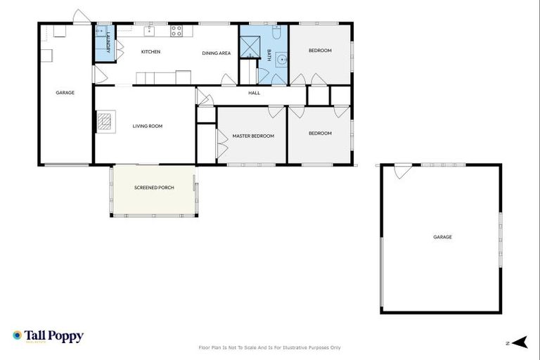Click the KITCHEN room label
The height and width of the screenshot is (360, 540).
click(150, 52)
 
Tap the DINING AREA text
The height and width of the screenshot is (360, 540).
click(216, 53)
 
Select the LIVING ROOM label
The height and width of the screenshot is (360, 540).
click(148, 127)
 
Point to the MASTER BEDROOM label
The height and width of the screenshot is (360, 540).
click(253, 136)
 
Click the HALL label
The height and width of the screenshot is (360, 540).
click(254, 93)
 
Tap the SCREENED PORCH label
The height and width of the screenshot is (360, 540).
click(154, 188)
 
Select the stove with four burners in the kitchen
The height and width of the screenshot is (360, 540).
click(176, 30)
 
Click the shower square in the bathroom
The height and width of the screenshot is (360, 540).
click(250, 46)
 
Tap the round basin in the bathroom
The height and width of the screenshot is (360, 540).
click(281, 60)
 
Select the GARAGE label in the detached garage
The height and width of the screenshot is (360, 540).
click(442, 237)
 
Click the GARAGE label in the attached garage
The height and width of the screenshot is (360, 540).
click(65, 93)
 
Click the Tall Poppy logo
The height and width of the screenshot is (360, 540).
click(48, 336)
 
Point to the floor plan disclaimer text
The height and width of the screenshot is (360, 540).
click(270, 347)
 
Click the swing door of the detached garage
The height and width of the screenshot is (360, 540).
click(402, 171)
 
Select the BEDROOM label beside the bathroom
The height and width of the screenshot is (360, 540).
click(321, 51)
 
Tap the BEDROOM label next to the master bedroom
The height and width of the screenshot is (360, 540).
click(320, 133)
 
